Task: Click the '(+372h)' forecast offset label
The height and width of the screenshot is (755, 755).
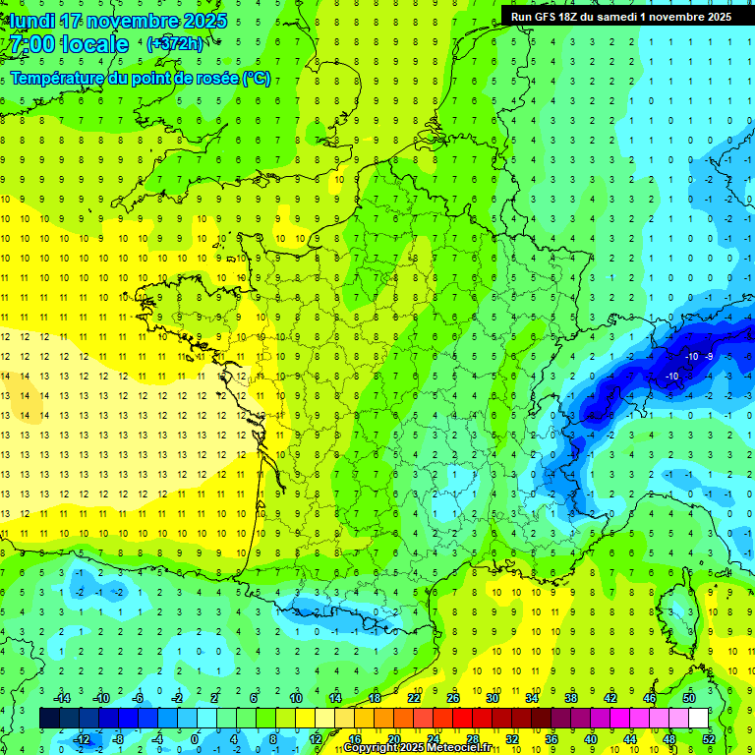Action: coord(175,44)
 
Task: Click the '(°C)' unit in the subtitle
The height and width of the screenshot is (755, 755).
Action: coord(256,79)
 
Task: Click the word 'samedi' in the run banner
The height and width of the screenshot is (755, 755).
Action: coord(633,17)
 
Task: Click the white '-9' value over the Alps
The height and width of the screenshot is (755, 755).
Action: coord(708,356)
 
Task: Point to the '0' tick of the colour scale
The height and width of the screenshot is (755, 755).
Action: coord(195,738)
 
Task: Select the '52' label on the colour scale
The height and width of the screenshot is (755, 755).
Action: coord(708,738)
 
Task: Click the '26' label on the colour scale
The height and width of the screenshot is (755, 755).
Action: coord(453,698)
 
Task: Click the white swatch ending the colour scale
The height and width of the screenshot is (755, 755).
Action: coord(699,719)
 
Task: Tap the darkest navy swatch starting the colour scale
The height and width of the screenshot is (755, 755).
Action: coord(50,719)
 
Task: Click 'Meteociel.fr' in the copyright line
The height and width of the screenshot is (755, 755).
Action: coord(457,748)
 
